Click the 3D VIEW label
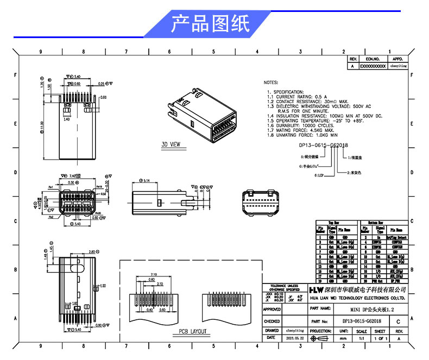point(171,145)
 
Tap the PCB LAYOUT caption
point(193,331)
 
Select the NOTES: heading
point(270,83)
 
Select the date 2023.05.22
point(294,338)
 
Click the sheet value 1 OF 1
point(380,338)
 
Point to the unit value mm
point(343,338)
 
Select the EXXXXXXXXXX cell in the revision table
point(373,66)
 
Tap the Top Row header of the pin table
point(337,223)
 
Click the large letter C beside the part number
point(399,321)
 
